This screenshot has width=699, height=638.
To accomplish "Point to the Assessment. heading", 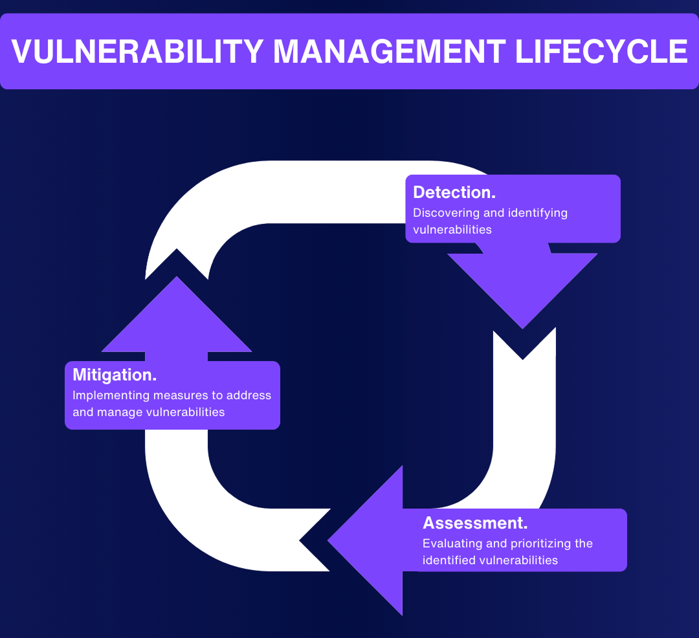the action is point(475,523).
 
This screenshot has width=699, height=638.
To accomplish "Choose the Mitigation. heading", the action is point(115,375).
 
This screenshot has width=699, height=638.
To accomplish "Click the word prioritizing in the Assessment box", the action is point(535,544).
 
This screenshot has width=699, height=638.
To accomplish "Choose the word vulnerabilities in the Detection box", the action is point(452,230).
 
